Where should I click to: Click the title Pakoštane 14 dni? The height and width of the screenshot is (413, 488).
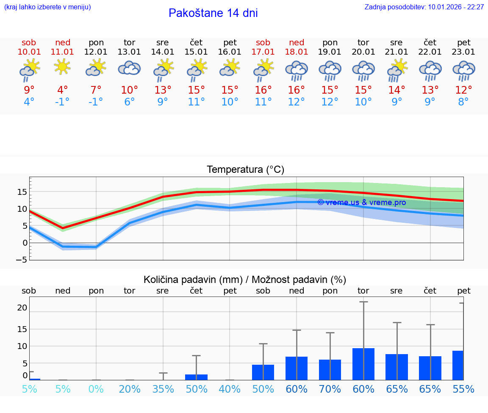click(x=213, y=13)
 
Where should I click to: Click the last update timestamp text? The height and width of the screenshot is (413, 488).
click(x=424, y=7)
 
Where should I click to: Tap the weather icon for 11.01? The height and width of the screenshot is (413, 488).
click(x=63, y=67)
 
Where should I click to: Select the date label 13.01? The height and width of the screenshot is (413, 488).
click(x=129, y=52)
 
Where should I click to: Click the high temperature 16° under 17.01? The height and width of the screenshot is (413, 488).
click(x=263, y=90)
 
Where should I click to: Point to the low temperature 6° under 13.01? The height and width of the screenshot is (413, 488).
click(x=129, y=102)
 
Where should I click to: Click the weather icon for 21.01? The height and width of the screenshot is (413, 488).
click(x=397, y=69)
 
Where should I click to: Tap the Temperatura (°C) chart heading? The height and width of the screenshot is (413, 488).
click(x=245, y=170)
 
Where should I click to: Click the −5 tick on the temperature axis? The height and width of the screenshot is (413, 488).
click(x=22, y=259)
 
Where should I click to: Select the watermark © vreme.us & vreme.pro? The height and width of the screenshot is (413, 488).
click(x=361, y=202)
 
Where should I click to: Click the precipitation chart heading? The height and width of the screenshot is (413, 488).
click(x=245, y=280)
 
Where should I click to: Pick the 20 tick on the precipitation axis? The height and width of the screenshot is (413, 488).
click(x=22, y=308)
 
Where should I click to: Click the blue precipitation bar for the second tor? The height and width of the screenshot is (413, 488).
click(x=363, y=364)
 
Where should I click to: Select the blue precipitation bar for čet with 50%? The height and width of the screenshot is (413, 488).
click(x=196, y=377)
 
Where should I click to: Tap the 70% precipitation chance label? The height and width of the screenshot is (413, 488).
click(x=330, y=389)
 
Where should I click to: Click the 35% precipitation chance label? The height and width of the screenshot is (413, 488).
click(x=163, y=389)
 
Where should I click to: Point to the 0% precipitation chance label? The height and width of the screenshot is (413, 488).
click(x=96, y=389)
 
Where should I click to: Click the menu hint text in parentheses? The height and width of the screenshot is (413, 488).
click(x=47, y=7)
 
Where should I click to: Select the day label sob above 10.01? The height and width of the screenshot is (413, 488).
click(x=29, y=42)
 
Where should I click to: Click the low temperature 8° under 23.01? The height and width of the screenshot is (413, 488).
click(x=463, y=102)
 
